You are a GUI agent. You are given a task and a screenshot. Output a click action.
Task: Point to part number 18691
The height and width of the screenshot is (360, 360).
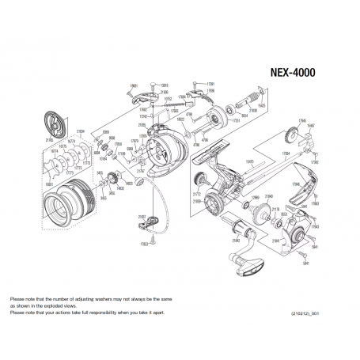[134, 85]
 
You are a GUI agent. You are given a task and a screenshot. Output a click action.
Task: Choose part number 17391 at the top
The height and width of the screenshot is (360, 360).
[210, 83]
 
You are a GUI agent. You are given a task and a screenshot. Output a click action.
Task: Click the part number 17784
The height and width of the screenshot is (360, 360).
[285, 149]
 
